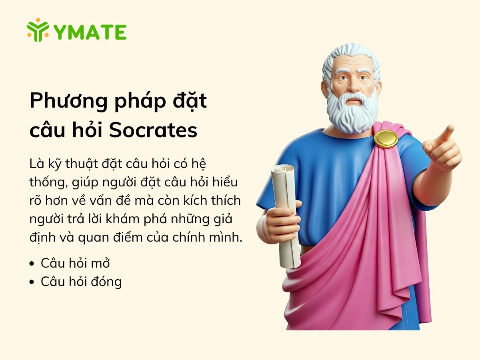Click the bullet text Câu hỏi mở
pos(75,263)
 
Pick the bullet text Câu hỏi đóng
pos(81,282)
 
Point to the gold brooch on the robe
pos(386,138)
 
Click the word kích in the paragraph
pos(191,200)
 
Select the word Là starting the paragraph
pos(35,164)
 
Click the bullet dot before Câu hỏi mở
pos(32,264)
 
